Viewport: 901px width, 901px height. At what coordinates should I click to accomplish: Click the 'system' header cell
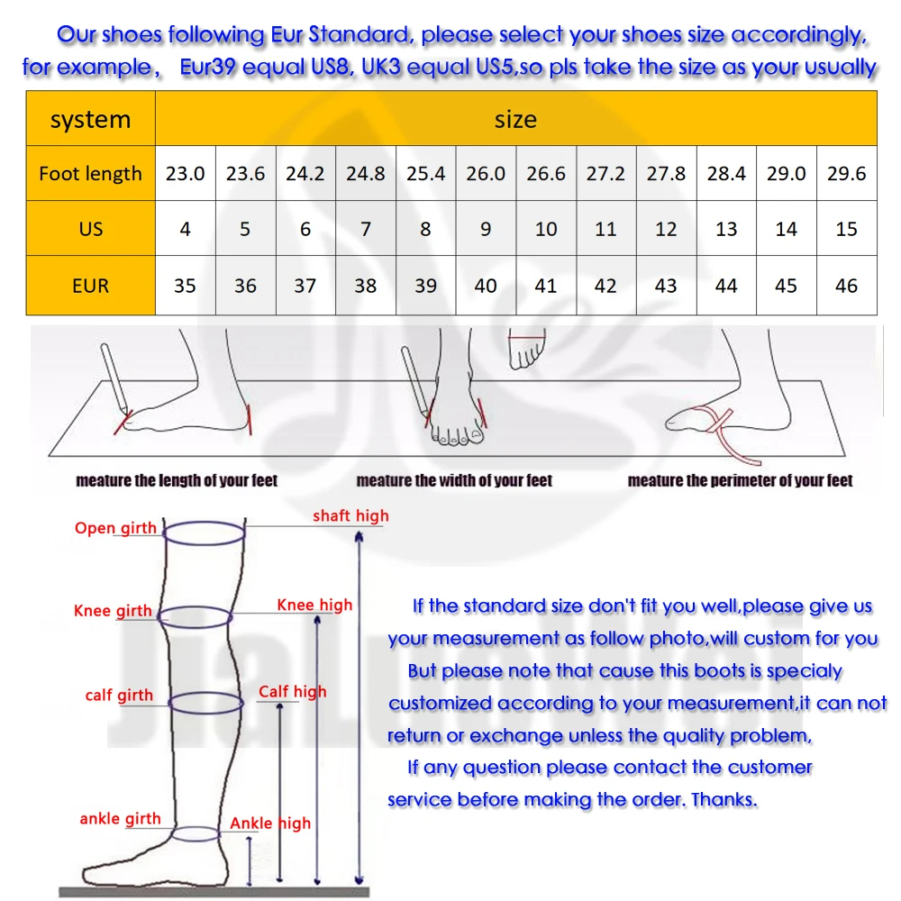click(90, 120)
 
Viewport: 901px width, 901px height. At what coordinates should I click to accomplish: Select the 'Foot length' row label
click(90, 174)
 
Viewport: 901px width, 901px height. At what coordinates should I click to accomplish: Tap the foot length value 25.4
click(425, 174)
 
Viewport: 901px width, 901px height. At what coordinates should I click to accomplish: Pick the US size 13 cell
click(726, 229)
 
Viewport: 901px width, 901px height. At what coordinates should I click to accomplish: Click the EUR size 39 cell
click(425, 286)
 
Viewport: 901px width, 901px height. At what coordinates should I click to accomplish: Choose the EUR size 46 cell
click(846, 286)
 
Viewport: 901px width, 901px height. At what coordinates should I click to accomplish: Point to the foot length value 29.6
click(846, 174)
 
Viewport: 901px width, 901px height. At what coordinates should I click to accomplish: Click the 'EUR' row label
click(90, 286)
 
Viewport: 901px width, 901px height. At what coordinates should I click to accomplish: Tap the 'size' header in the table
click(515, 120)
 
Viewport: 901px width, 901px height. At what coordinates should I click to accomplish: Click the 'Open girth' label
click(115, 528)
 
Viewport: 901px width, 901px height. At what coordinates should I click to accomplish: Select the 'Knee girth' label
click(113, 611)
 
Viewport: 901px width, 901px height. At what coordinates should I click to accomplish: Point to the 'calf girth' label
click(119, 695)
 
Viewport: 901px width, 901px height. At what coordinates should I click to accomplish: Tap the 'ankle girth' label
click(120, 819)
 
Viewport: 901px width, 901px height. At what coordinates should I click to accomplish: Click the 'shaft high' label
click(350, 515)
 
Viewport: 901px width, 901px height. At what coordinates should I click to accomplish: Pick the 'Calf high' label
click(292, 692)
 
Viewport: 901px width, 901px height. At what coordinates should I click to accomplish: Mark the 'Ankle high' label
click(269, 824)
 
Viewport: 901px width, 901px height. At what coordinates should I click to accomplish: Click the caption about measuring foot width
click(454, 480)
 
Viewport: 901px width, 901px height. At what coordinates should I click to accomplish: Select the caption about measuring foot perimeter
click(740, 480)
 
